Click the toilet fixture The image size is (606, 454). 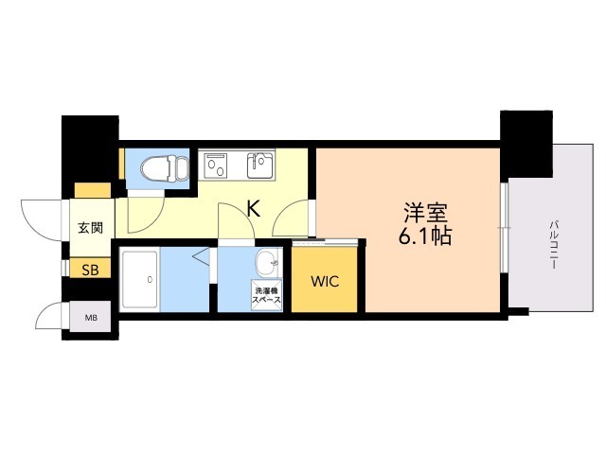[x=165, y=168]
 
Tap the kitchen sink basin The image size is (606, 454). [x=260, y=165]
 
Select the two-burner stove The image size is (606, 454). [x=217, y=165]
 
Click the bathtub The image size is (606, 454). [x=139, y=279]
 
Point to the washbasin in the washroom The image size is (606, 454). [x=267, y=263]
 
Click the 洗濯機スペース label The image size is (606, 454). [x=266, y=295]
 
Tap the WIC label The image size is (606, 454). [x=325, y=282]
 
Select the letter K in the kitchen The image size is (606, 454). [x=253, y=210]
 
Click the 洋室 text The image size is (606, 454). [x=425, y=213]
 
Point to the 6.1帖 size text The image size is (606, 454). [x=425, y=236]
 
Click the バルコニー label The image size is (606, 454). [x=553, y=244]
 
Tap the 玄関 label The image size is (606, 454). [x=91, y=228]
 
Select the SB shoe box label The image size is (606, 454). [x=90, y=271]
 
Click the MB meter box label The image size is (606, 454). [x=91, y=318]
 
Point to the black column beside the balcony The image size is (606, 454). [x=526, y=144]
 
